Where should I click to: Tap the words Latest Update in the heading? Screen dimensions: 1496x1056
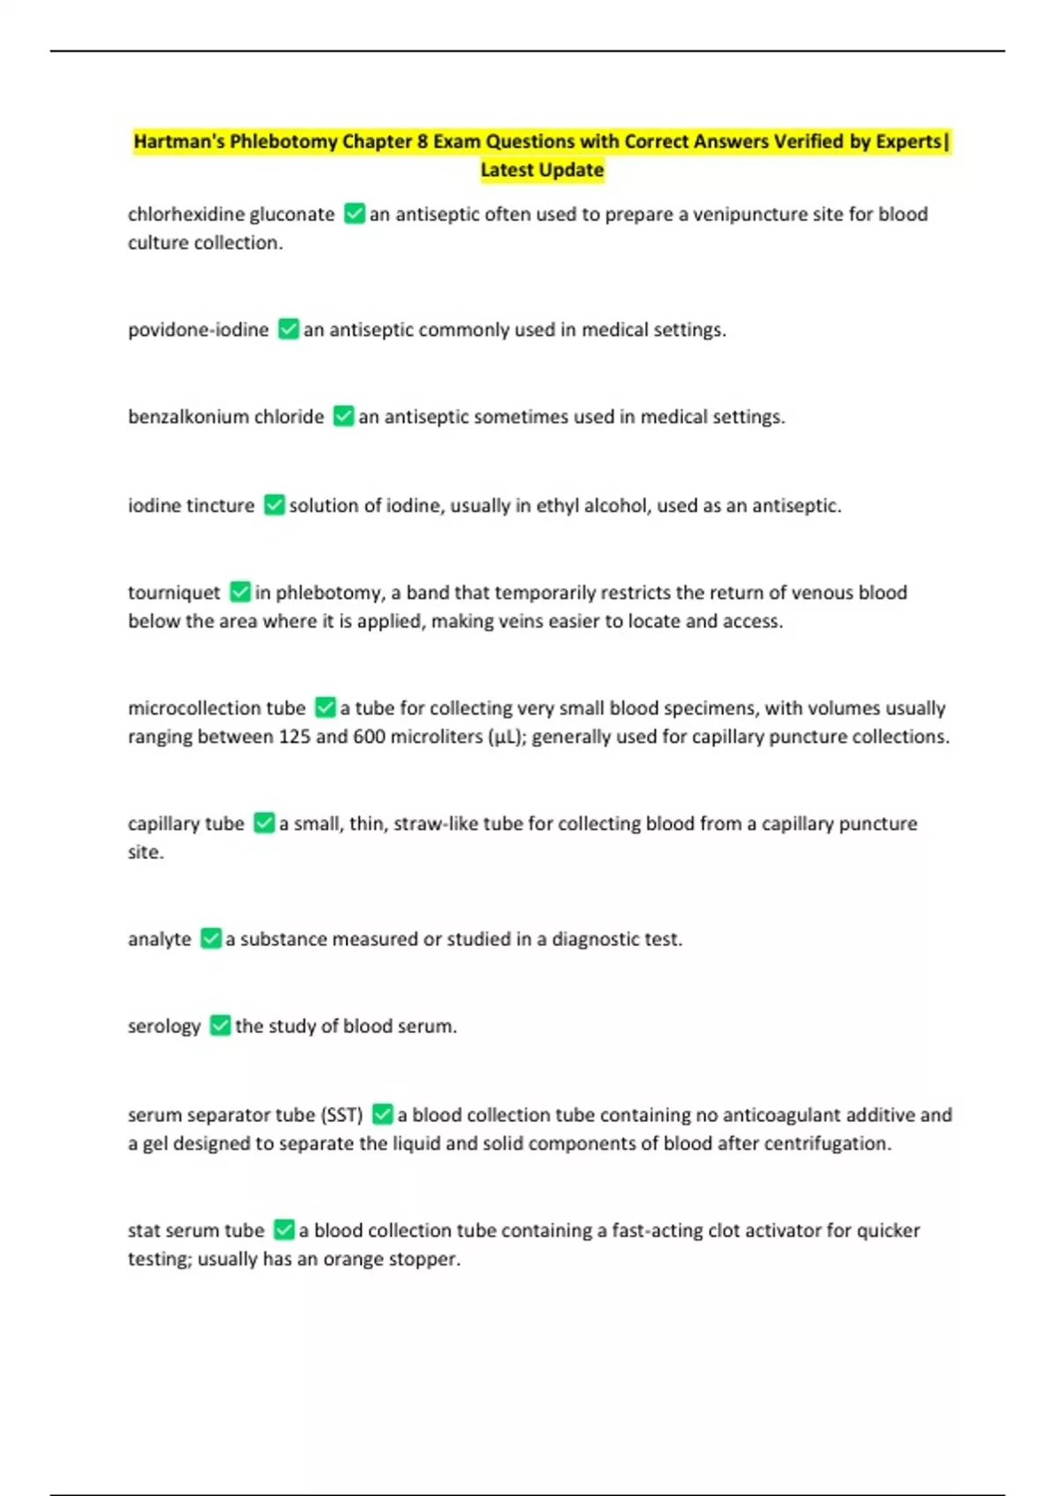pyautogui.click(x=542, y=170)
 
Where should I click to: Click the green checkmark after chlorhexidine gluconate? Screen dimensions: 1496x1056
pyautogui.click(x=355, y=214)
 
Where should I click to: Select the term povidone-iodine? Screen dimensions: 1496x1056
pyautogui.click(x=198, y=330)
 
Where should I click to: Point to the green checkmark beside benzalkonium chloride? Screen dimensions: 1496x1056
pyautogui.click(x=343, y=416)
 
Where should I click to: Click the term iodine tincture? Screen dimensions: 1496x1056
pyautogui.click(x=191, y=506)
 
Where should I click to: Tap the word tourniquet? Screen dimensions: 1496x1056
pyautogui.click(x=174, y=593)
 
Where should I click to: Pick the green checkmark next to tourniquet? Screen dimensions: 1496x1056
pyautogui.click(x=240, y=592)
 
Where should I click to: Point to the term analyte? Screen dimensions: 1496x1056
pyautogui.click(x=159, y=939)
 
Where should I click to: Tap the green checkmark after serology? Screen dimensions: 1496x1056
pyautogui.click(x=220, y=1026)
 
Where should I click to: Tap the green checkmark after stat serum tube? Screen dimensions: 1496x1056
pyautogui.click(x=284, y=1229)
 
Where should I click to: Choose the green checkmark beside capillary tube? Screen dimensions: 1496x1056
pyautogui.click(x=264, y=823)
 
